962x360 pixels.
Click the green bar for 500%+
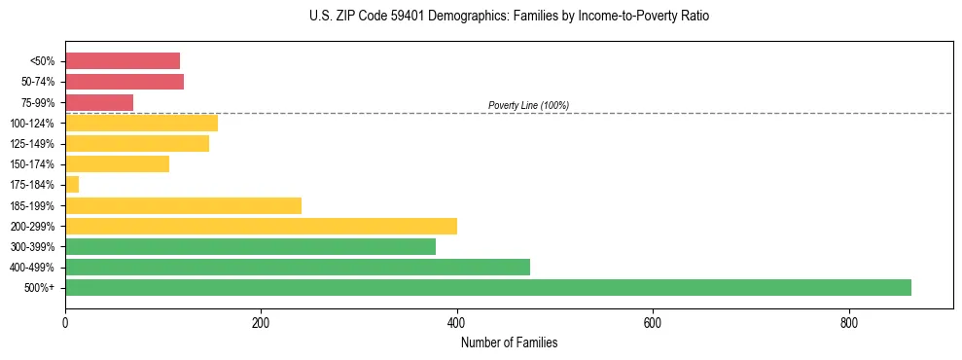tap(487, 287)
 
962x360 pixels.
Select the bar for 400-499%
tap(297, 267)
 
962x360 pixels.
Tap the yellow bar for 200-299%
tap(261, 226)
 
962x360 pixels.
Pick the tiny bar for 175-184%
tap(71, 185)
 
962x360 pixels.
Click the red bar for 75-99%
tap(98, 102)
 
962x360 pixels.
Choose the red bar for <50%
tap(122, 61)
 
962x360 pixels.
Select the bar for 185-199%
tap(183, 205)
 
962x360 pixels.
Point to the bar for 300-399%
tap(250, 246)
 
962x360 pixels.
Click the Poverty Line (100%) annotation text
tap(528, 105)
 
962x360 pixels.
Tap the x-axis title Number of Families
tap(509, 342)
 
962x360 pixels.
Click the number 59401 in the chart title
tap(382, 17)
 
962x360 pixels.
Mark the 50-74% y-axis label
tap(39, 82)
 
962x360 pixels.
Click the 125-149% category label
tap(34, 144)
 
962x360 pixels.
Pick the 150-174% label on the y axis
tap(34, 164)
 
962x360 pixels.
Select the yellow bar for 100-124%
tap(141, 123)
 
